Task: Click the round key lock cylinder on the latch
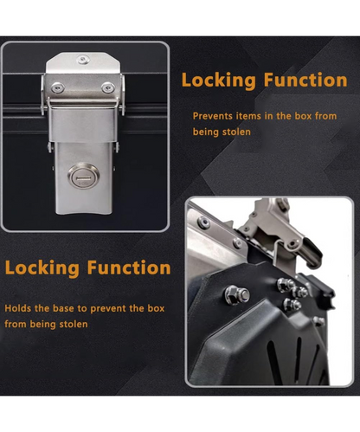[84, 176]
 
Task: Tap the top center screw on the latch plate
[83, 60]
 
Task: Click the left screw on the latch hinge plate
[58, 87]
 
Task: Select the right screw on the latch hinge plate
[108, 87]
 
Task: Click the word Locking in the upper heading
[219, 81]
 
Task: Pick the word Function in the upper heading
[305, 80]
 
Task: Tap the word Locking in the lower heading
[42, 268]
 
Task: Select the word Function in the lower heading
[129, 268]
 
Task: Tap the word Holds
[17, 308]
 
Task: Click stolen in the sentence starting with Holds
[74, 324]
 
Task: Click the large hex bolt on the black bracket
[237, 295]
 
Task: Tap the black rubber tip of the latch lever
[314, 254]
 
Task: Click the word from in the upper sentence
[325, 116]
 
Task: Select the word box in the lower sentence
[156, 308]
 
